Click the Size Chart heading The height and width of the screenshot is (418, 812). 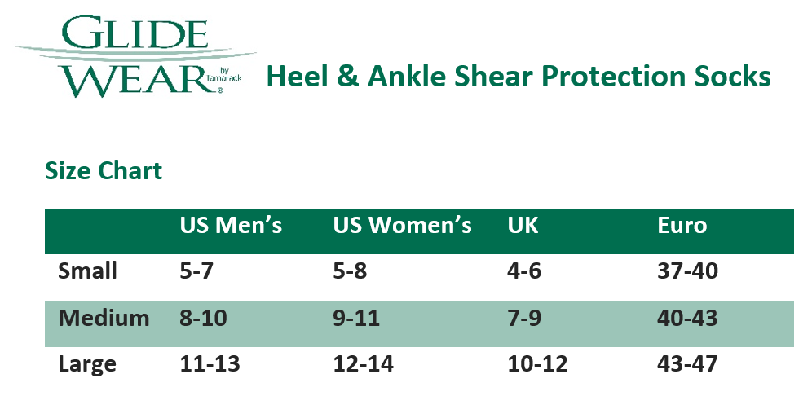(104, 171)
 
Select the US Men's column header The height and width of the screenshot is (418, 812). (231, 226)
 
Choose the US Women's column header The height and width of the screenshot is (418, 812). (402, 226)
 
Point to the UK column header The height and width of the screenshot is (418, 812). (523, 226)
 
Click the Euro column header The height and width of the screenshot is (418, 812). (682, 226)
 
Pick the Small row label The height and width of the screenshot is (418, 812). (88, 271)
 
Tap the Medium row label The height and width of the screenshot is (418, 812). (104, 318)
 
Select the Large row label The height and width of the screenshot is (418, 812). (87, 363)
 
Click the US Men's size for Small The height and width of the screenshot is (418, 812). (196, 271)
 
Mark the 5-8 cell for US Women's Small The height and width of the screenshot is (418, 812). (350, 271)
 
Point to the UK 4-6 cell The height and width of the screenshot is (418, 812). (523, 271)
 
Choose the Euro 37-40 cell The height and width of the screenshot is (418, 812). (687, 271)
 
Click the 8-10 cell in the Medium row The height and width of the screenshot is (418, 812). (203, 318)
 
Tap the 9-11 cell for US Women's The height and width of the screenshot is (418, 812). (356, 318)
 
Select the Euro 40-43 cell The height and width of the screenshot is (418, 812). (687, 318)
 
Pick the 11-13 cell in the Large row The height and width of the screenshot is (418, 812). (210, 363)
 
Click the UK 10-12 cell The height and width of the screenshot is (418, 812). (537, 363)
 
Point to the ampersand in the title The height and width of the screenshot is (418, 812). (346, 77)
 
